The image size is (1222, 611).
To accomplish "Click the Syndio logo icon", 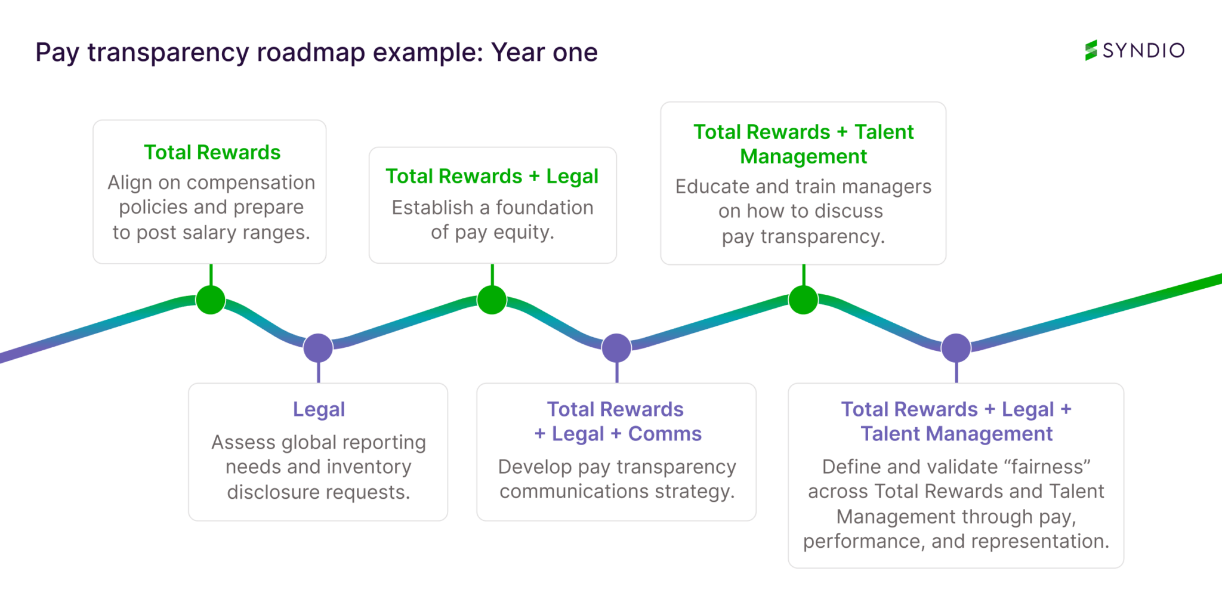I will coord(1091,50).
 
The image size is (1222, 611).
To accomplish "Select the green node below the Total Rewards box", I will coord(211,300).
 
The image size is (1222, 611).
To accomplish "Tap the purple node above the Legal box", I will coord(318,348).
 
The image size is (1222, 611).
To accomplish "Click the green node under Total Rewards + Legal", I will coord(492,300).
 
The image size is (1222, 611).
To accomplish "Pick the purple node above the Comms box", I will coord(616,348).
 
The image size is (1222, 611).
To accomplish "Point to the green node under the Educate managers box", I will coord(803,300).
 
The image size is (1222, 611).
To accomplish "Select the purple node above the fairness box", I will coord(956,348).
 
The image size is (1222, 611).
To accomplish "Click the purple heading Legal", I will coord(319,409).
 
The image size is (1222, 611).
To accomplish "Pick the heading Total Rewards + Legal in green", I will coord(492,177).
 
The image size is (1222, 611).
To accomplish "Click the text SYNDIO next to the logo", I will coord(1143,51).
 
